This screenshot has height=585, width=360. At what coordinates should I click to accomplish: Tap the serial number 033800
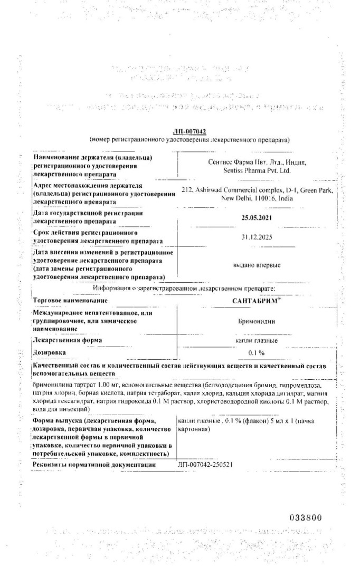point(306,518)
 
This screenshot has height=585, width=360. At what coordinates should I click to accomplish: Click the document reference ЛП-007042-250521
point(206,464)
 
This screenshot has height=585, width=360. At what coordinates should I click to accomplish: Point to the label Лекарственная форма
point(67,340)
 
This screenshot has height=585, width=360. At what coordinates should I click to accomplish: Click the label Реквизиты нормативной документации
point(94,464)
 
